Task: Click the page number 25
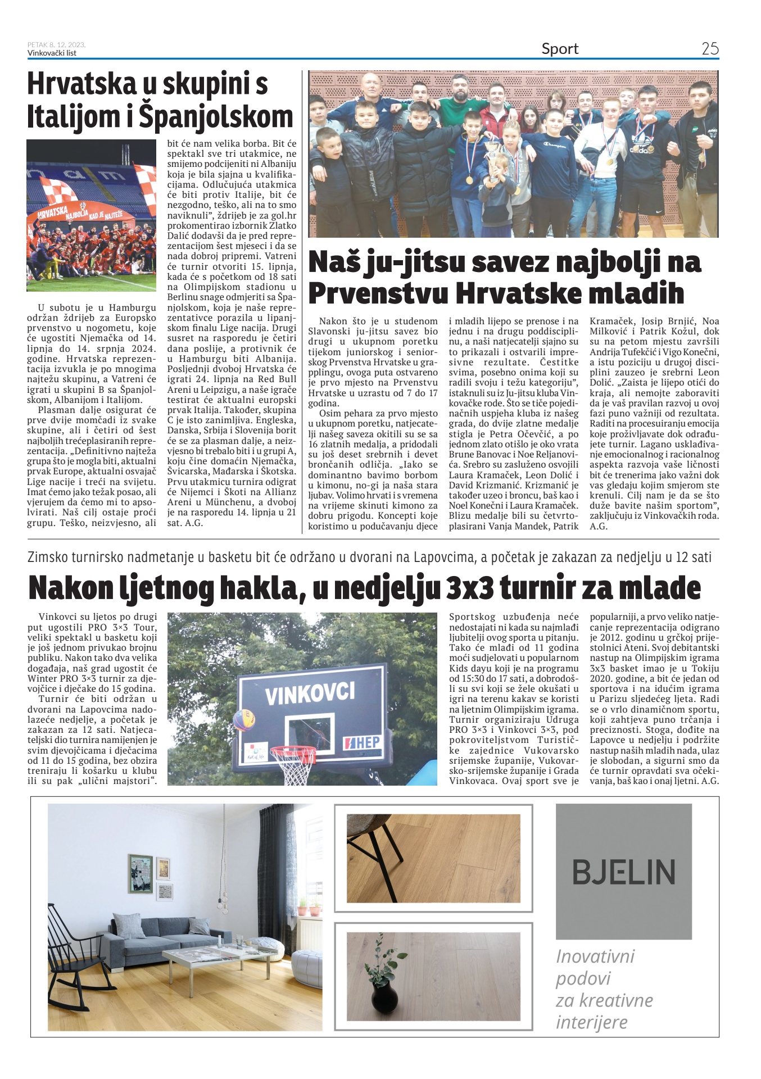coord(710,48)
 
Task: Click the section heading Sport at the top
coord(560,49)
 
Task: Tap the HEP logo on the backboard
coord(362,743)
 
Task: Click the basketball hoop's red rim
coord(293,752)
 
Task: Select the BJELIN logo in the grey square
coord(623,872)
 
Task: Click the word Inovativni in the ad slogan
coord(595,956)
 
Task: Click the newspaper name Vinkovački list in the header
coord(52,53)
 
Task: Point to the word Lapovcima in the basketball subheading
coord(444,557)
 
